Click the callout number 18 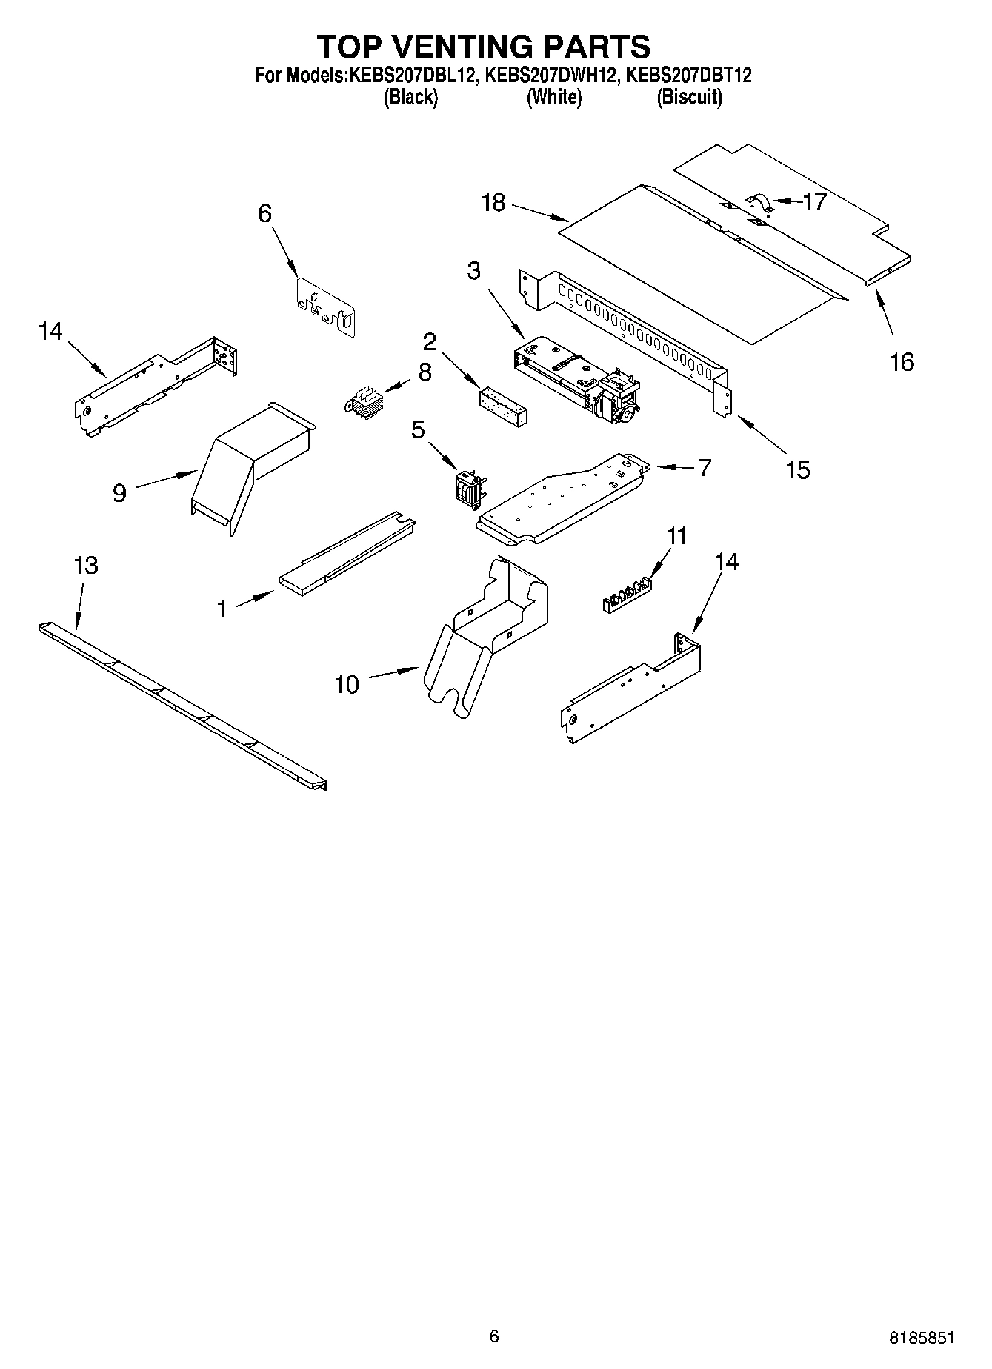click(493, 202)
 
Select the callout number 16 click(902, 362)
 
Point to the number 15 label click(797, 470)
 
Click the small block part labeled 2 click(503, 406)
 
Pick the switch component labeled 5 click(465, 489)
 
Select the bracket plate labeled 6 click(325, 307)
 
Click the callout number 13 click(86, 566)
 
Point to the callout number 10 click(346, 684)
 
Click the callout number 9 click(119, 493)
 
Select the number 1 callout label click(222, 609)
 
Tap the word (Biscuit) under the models click(689, 97)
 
